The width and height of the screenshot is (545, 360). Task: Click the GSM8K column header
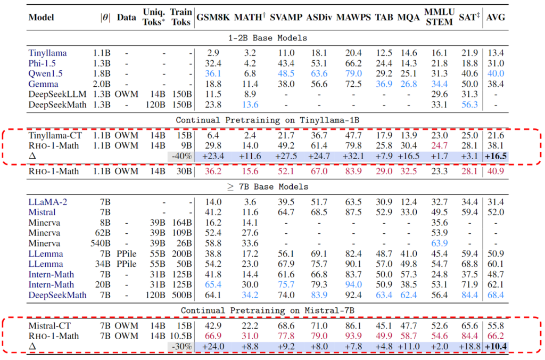pos(213,18)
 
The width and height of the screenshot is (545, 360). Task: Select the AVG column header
pos(496,18)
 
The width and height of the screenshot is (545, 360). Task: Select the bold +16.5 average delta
pos(496,156)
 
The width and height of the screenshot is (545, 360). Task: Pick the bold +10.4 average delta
pos(496,346)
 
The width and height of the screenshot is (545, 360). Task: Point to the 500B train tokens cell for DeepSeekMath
pos(181,294)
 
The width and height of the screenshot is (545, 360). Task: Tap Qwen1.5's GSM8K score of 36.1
pos(213,73)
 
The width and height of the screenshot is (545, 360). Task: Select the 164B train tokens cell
pos(181,223)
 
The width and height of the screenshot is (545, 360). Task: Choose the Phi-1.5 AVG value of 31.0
pos(496,63)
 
